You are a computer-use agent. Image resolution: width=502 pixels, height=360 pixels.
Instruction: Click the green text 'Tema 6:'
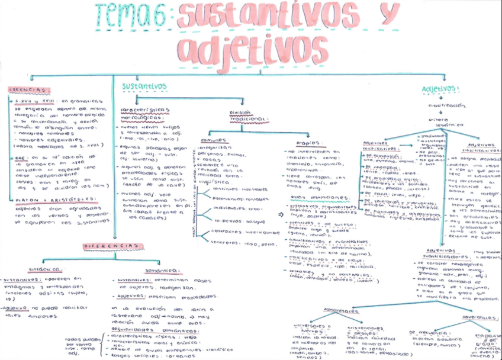click(x=133, y=16)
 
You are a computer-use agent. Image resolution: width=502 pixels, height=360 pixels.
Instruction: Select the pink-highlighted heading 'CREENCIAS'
click(x=29, y=90)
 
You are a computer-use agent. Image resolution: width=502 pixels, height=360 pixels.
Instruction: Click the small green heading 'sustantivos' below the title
click(x=144, y=86)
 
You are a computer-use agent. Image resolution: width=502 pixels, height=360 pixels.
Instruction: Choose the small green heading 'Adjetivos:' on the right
click(x=440, y=89)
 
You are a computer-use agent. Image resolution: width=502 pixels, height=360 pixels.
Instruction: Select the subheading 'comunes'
click(x=211, y=140)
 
